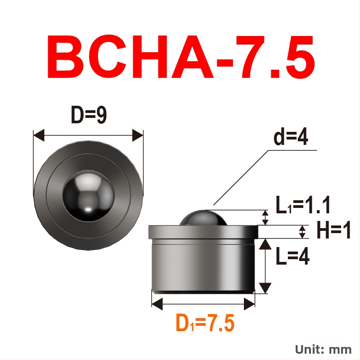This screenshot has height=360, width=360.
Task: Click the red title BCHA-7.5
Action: (x=180, y=57)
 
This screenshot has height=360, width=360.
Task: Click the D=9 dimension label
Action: (x=89, y=115)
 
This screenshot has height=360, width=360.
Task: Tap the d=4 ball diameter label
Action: (x=291, y=137)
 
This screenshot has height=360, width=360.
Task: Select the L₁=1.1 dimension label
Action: (x=302, y=205)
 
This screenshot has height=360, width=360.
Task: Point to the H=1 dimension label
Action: (x=333, y=229)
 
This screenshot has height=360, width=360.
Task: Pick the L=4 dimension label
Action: (x=292, y=256)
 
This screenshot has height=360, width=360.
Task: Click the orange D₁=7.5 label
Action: (x=205, y=323)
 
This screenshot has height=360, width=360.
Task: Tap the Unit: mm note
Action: (x=323, y=350)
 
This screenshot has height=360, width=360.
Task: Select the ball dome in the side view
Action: (x=203, y=218)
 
